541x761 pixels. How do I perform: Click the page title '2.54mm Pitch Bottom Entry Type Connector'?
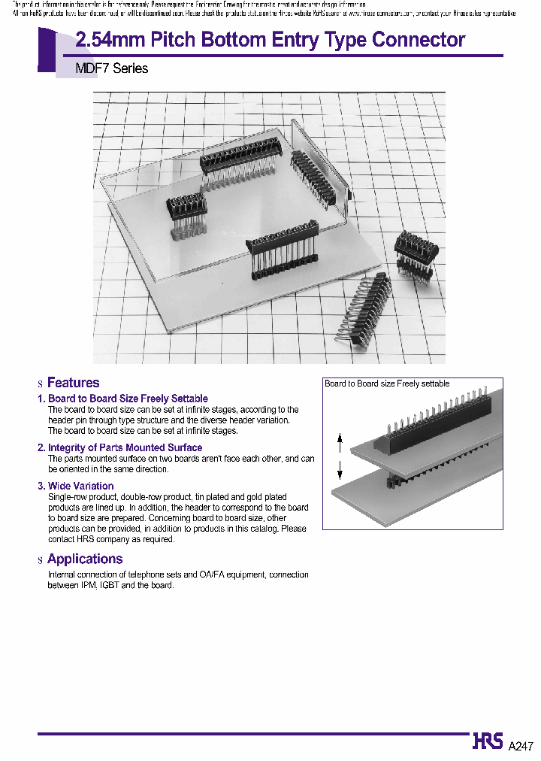pos(270,40)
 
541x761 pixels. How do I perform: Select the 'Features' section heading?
pos(73,383)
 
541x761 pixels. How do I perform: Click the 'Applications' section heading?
pos(84,559)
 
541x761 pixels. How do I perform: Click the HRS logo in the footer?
pos(488,741)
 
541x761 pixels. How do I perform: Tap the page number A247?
pos(521,746)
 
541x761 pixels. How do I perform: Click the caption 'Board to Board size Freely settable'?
pos(387,384)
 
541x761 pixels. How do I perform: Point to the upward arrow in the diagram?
pos(340,441)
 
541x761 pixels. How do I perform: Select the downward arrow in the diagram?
pos(340,471)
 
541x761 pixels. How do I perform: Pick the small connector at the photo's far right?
pos(416,251)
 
